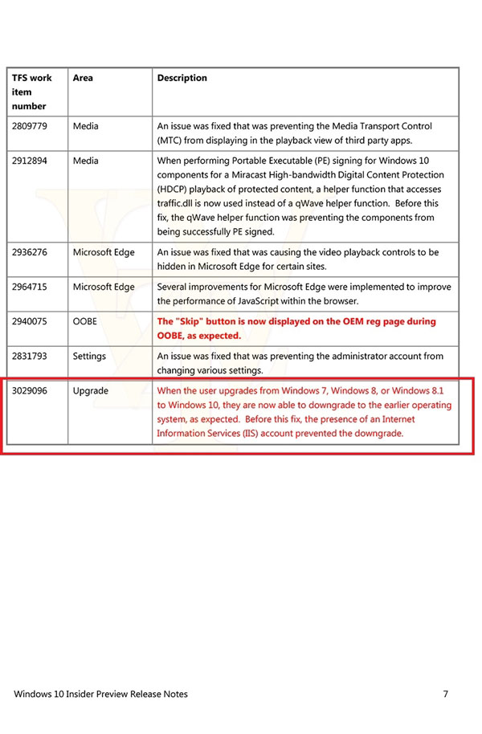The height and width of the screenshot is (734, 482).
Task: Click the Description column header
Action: pyautogui.click(x=182, y=78)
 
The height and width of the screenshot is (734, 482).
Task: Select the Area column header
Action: pyautogui.click(x=83, y=78)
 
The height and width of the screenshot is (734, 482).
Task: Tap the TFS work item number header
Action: pyautogui.click(x=32, y=92)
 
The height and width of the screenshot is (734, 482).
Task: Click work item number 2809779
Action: pyautogui.click(x=30, y=126)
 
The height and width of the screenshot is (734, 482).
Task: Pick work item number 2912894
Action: pyautogui.click(x=30, y=161)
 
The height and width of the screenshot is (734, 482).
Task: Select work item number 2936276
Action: pyautogui.click(x=30, y=252)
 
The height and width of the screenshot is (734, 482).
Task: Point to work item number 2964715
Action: pyautogui.click(x=30, y=287)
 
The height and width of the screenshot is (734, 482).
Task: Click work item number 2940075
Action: pyautogui.click(x=30, y=321)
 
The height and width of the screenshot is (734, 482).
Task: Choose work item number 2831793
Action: pyautogui.click(x=30, y=356)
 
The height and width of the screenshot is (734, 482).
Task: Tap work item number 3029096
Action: pyautogui.click(x=30, y=390)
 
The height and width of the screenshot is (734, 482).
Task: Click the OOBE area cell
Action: pyautogui.click(x=85, y=321)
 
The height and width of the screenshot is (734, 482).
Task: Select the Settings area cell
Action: pyautogui.click(x=89, y=356)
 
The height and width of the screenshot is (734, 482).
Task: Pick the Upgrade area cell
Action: pyautogui.click(x=91, y=390)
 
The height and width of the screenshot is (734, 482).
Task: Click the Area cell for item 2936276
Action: pyautogui.click(x=104, y=252)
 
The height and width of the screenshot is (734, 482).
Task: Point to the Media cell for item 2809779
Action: pyautogui.click(x=86, y=126)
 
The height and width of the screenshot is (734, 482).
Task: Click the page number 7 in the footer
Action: pyautogui.click(x=445, y=694)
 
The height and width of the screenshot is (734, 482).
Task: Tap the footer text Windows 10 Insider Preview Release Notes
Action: pyautogui.click(x=101, y=694)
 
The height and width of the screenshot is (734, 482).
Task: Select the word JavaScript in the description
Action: pyautogui.click(x=283, y=301)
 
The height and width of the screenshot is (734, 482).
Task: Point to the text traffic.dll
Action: pyautogui.click(x=178, y=203)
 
